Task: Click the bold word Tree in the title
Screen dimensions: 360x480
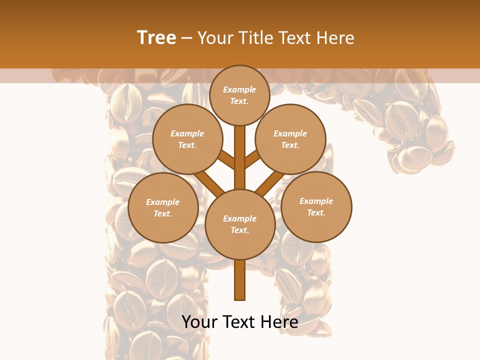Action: pos(156,38)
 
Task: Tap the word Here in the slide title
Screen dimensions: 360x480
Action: pos(334,38)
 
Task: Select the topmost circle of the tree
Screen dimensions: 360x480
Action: pos(239,95)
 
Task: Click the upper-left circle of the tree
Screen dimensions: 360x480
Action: pos(187,139)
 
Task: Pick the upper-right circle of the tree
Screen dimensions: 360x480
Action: pos(290,139)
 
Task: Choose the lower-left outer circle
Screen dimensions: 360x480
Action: pos(163,207)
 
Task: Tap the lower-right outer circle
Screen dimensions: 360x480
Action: pos(316,206)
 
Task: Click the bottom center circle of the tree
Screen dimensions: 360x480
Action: pos(239,224)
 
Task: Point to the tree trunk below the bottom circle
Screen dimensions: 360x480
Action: pos(239,280)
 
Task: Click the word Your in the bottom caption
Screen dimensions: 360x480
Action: pos(199,322)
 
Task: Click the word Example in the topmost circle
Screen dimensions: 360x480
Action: pos(239,89)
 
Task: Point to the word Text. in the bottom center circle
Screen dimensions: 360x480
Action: pos(239,230)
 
